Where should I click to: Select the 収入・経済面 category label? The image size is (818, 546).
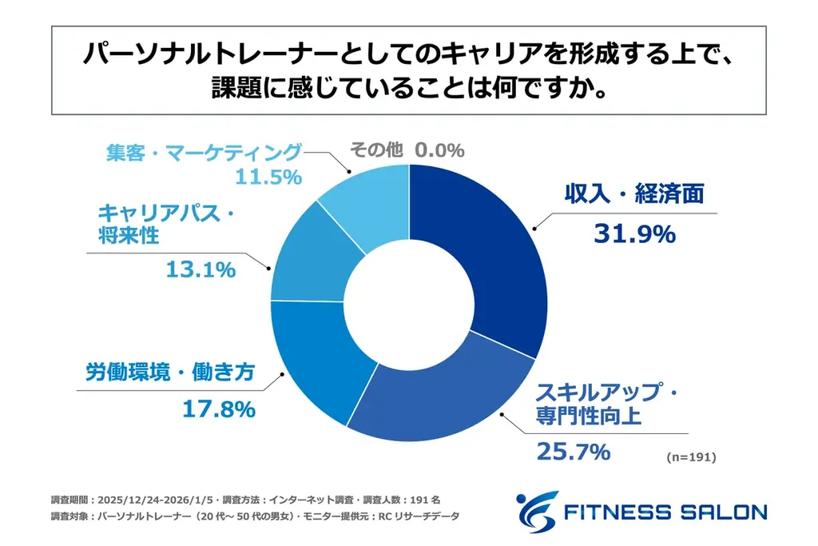pyautogui.click(x=634, y=194)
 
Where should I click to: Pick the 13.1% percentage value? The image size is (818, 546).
pyautogui.click(x=201, y=269)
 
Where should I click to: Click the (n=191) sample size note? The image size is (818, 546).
pyautogui.click(x=690, y=458)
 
